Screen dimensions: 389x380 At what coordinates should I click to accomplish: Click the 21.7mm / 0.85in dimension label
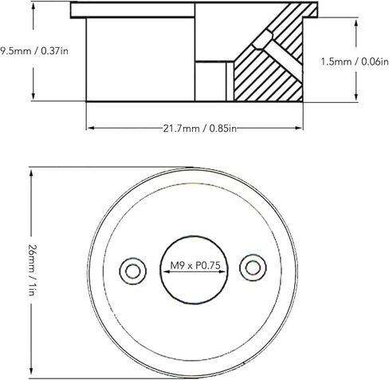coord(199,129)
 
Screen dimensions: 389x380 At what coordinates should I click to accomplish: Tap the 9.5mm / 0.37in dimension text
coord(34,50)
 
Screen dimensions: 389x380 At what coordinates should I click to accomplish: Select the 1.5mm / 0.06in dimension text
coord(355,61)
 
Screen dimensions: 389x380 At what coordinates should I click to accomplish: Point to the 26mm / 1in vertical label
coord(32,270)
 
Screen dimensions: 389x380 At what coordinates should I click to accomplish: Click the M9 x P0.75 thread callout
coord(195,265)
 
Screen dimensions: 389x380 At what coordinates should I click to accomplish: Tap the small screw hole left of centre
coord(133,271)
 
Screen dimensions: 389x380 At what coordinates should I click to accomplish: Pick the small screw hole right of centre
coord(253,267)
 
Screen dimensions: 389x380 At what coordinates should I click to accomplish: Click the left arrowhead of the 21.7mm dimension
coord(91,128)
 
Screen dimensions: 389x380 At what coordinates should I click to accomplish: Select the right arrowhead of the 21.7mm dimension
coord(299,128)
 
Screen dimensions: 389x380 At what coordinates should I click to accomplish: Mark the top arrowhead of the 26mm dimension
coord(31,173)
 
